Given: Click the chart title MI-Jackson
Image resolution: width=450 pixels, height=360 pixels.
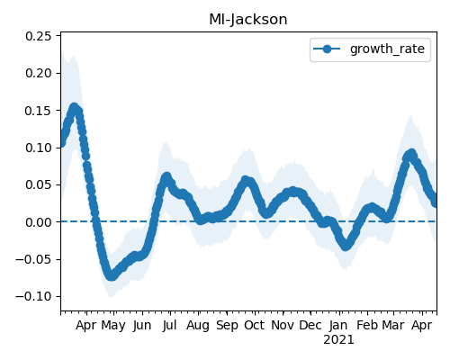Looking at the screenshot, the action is pyautogui.click(x=248, y=20).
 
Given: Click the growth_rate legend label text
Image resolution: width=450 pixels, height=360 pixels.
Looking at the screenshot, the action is pyautogui.click(x=387, y=49).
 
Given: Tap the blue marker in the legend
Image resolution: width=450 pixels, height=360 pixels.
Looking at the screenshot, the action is pyautogui.click(x=327, y=49).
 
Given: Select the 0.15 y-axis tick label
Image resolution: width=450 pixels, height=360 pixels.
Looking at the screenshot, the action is pyautogui.click(x=39, y=111).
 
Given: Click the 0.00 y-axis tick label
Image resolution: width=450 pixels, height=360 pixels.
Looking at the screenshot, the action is pyautogui.click(x=39, y=222).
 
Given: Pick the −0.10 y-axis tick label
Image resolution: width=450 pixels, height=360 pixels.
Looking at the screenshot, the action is pyautogui.click(x=33, y=297).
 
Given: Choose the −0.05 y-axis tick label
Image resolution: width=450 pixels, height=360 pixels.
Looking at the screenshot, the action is pyautogui.click(x=33, y=259).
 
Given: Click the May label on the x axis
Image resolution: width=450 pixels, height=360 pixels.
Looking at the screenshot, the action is pyautogui.click(x=113, y=326).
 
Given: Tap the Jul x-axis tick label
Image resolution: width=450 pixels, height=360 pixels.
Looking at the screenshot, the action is pyautogui.click(x=169, y=326).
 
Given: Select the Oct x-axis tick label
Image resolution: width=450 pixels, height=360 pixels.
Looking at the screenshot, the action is pyautogui.click(x=255, y=325).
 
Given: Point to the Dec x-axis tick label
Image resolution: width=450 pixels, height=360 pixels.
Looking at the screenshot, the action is pyautogui.click(x=310, y=325).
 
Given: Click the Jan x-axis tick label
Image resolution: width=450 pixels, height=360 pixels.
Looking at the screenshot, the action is pyautogui.click(x=338, y=326).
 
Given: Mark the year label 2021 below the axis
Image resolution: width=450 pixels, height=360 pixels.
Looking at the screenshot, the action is pyautogui.click(x=338, y=340).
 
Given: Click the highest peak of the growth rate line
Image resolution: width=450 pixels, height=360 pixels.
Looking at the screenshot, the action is pyautogui.click(x=74, y=107).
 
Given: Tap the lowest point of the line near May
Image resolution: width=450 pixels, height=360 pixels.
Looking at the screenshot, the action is pyautogui.click(x=112, y=275).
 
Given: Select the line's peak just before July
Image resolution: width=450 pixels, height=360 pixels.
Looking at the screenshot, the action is pyautogui.click(x=166, y=177).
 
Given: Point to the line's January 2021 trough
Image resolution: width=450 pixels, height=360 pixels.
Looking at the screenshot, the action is pyautogui.click(x=346, y=246).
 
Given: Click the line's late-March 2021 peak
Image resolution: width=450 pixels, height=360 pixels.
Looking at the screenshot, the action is pyautogui.click(x=411, y=154).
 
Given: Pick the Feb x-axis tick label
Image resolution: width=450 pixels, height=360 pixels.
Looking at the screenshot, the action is pyautogui.click(x=367, y=325).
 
